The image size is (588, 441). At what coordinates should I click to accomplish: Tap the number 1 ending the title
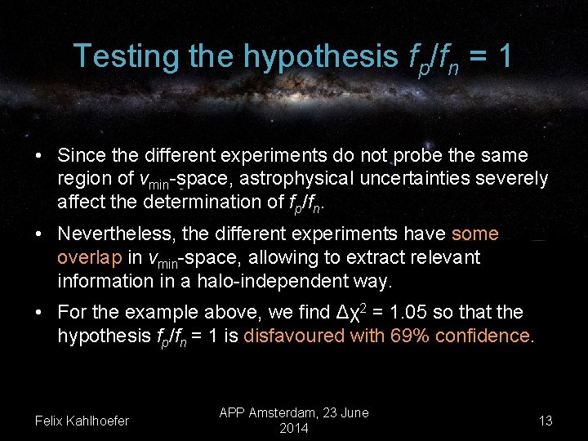tap(505, 56)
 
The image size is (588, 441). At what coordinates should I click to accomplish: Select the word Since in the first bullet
tap(82, 155)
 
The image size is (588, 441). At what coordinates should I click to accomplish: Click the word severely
tap(519, 178)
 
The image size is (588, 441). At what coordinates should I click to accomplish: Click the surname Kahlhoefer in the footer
tap(97, 421)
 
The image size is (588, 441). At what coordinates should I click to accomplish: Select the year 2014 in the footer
tap(294, 429)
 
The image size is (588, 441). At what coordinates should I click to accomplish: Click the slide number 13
tap(546, 421)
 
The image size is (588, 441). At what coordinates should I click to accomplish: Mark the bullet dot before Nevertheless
tap(39, 234)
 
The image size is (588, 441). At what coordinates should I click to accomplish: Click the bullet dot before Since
tap(39, 155)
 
